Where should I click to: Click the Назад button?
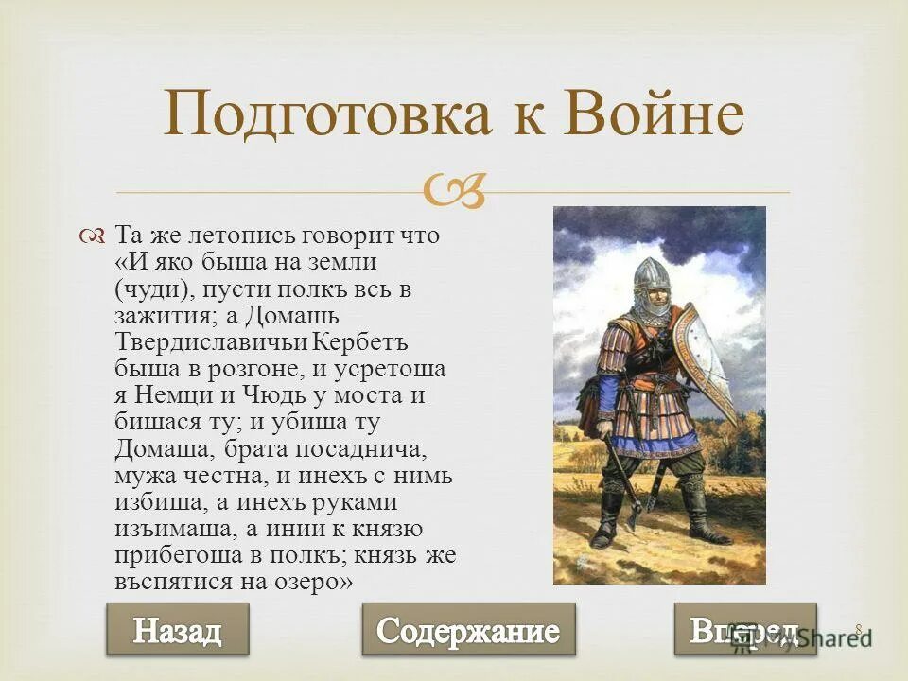[x=177, y=630]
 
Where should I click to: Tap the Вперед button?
[x=744, y=630]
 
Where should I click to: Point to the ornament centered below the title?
[x=456, y=193]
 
